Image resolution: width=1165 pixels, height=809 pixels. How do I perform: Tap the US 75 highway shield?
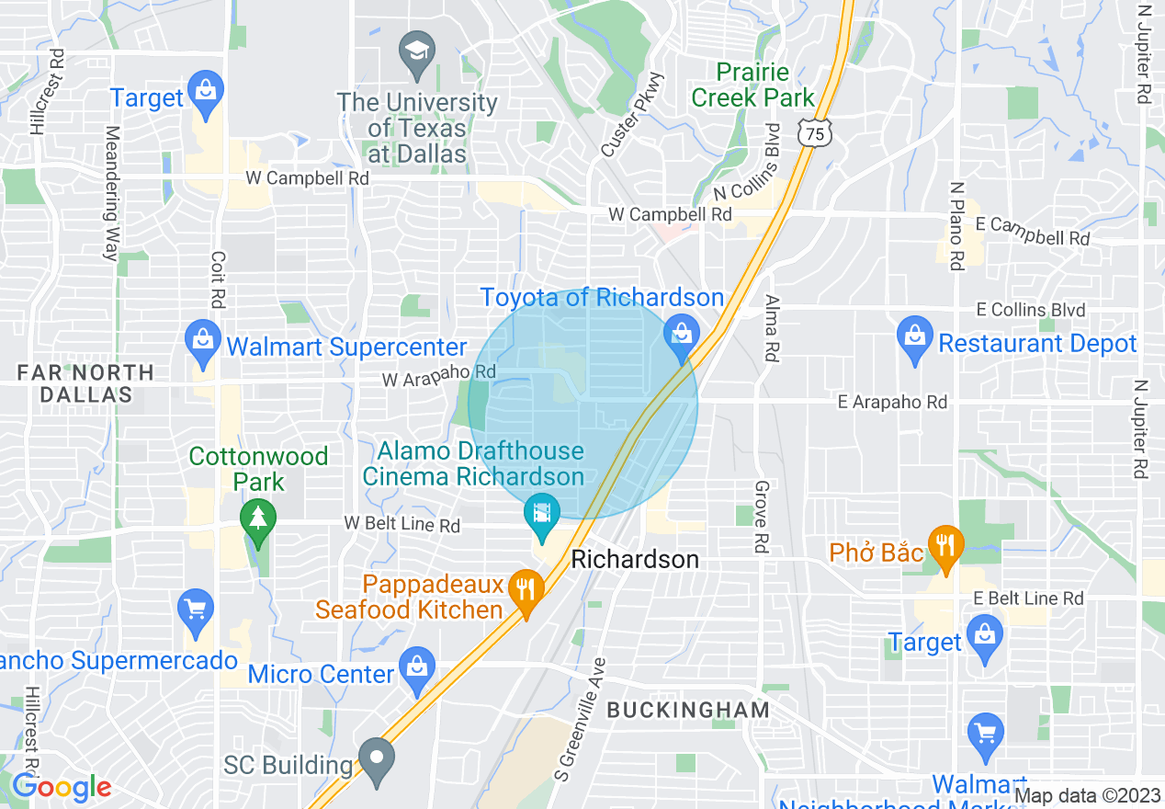coord(814,133)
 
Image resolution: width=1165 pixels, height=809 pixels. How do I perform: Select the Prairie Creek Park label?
coord(752,85)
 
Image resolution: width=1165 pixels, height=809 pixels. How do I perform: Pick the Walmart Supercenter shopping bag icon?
coord(202,340)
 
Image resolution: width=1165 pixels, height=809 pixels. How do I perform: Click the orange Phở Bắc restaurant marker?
coord(944,546)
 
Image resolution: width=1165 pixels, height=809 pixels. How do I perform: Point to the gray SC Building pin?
coord(376,758)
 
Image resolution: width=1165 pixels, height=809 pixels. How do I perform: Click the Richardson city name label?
coord(635,559)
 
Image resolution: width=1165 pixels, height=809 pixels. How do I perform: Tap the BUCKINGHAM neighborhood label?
coord(688,710)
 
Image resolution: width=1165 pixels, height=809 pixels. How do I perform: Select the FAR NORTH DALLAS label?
coord(86,383)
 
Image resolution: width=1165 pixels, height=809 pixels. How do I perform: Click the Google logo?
coord(62,787)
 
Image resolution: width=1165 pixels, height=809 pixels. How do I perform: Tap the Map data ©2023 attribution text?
coord(1088,796)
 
